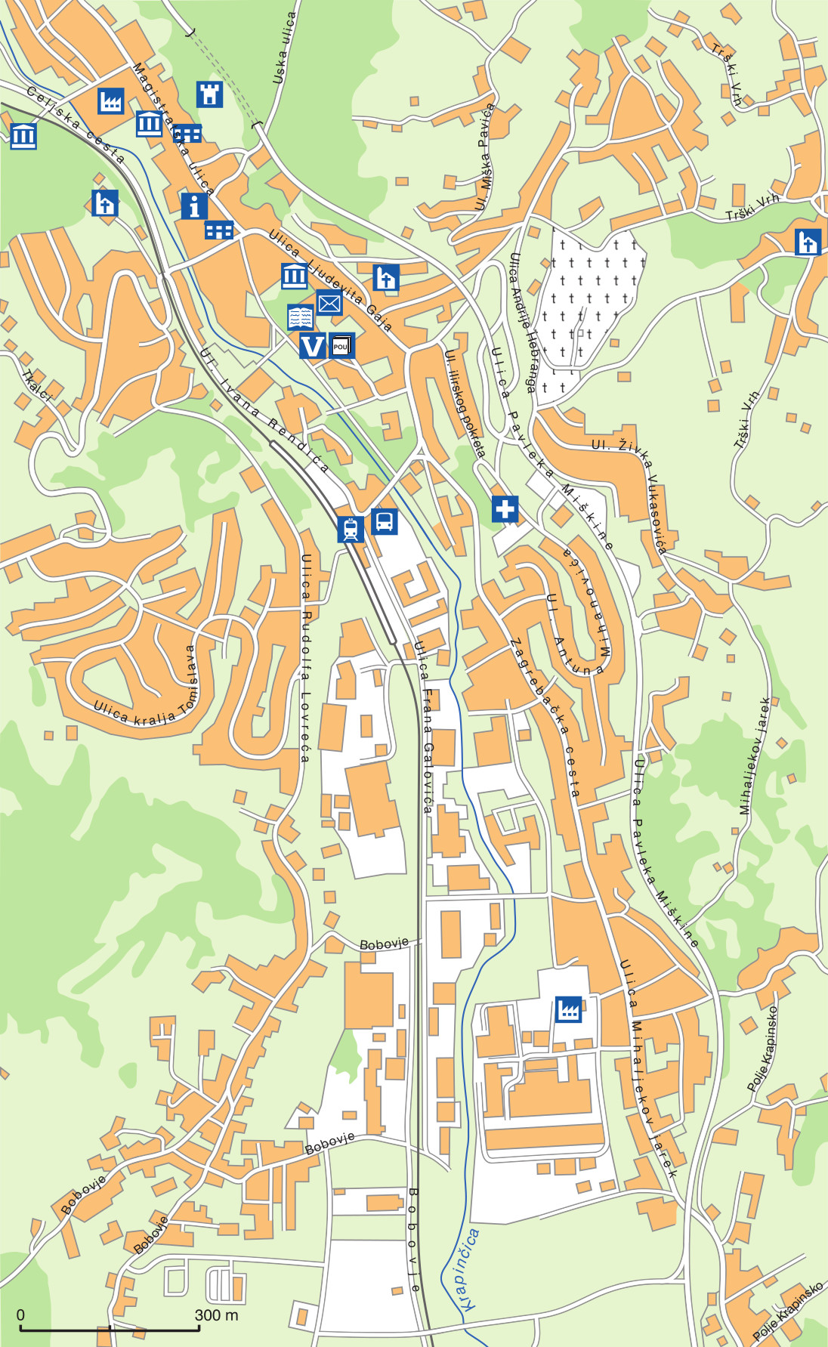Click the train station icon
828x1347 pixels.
click(350, 529)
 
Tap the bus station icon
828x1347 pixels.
click(384, 521)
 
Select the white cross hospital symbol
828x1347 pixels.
click(505, 508)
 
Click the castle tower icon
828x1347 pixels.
click(209, 94)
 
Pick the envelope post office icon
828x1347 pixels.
click(329, 303)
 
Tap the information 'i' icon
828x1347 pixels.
click(194, 205)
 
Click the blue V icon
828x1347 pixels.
click(312, 346)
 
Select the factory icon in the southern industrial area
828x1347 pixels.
click(568, 1009)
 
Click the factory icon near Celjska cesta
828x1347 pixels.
click(110, 100)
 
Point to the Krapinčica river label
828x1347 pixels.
click(468, 1269)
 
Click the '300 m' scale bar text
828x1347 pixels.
click(216, 1315)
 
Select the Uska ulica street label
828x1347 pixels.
click(284, 47)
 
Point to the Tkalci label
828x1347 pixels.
click(36, 385)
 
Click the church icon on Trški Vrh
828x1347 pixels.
click(808, 243)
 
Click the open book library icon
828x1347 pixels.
click(301, 317)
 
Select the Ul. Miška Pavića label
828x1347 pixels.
click(484, 157)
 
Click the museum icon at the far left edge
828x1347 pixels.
click(23, 136)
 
